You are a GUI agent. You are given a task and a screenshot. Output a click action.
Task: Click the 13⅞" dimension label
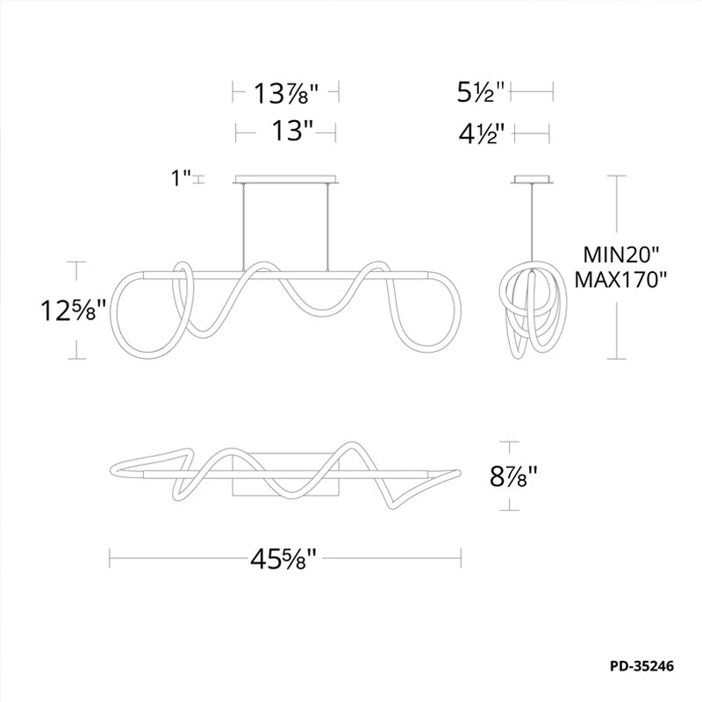click(286, 94)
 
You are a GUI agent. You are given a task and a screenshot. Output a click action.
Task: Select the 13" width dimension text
click(292, 132)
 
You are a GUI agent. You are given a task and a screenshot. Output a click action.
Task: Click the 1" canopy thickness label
click(182, 178)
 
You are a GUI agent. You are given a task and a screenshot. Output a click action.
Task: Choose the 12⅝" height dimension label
click(74, 311)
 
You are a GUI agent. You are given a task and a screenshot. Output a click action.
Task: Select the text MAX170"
click(620, 280)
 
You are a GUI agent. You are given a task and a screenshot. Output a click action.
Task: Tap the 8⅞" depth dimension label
click(512, 476)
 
